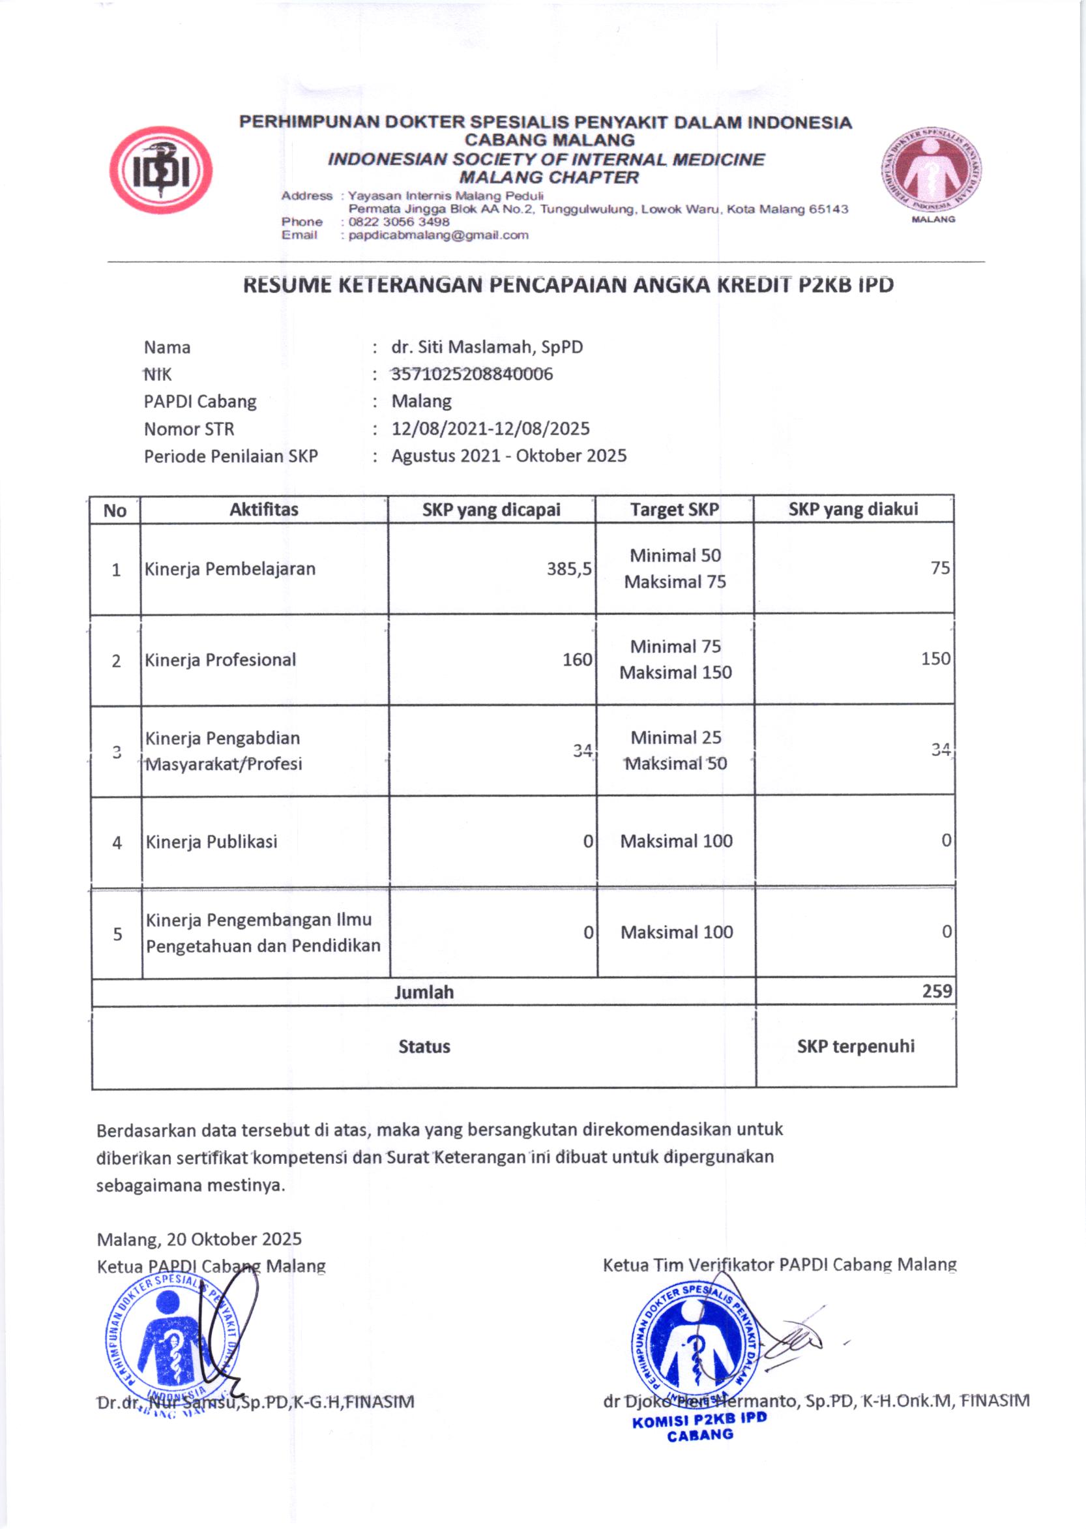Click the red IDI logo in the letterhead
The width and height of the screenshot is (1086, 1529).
click(161, 171)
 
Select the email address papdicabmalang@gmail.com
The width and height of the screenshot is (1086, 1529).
click(438, 235)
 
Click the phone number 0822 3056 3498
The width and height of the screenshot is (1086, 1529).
click(398, 222)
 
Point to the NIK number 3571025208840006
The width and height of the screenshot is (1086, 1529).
click(472, 374)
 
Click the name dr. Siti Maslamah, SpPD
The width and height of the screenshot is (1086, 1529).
click(487, 347)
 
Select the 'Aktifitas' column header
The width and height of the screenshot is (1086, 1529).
click(263, 510)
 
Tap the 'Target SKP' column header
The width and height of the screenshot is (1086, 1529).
click(674, 510)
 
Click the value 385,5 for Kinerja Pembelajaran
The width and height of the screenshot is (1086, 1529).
click(569, 569)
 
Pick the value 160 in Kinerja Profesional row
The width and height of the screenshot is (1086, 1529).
click(577, 660)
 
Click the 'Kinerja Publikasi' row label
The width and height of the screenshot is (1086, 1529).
click(211, 842)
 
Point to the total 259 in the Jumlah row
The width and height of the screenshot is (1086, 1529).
click(937, 991)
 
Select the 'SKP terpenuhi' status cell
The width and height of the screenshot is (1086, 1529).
click(855, 1047)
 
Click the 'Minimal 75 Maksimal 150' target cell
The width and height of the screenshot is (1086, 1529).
click(675, 659)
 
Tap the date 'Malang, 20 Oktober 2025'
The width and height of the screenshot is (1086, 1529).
click(199, 1240)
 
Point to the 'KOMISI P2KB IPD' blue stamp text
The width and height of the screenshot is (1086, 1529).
click(699, 1420)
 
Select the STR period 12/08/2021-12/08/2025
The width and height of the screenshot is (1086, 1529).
click(490, 429)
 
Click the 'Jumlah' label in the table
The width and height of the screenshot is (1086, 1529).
click(424, 992)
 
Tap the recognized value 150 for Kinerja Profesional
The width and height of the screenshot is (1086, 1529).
click(935, 659)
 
